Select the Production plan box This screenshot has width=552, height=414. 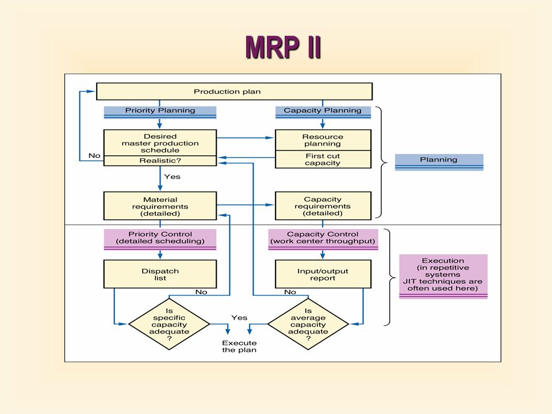click(x=234, y=91)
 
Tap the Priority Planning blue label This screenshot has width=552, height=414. click(x=160, y=112)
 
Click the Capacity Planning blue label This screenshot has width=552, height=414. click(x=323, y=112)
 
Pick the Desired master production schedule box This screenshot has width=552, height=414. click(x=160, y=143)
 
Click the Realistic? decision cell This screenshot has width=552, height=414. click(x=160, y=161)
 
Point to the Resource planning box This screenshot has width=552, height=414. click(x=323, y=140)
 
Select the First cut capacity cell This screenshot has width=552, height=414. click(x=323, y=159)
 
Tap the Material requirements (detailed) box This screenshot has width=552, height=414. click(x=160, y=206)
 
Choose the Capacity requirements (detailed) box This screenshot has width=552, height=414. click(x=323, y=206)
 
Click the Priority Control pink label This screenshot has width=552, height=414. click(x=160, y=239)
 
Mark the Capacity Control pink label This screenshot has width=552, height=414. click(x=323, y=239)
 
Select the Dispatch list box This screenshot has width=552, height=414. click(x=160, y=274)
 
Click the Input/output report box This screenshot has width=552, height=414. click(x=323, y=274)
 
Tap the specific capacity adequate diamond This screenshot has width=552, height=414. click(x=169, y=324)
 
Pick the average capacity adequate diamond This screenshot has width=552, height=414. click(x=308, y=324)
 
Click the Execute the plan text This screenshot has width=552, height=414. click(x=239, y=346)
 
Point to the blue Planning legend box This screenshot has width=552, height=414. click(x=439, y=162)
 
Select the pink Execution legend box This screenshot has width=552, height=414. click(x=443, y=277)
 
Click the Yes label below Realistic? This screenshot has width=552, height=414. click(x=172, y=177)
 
